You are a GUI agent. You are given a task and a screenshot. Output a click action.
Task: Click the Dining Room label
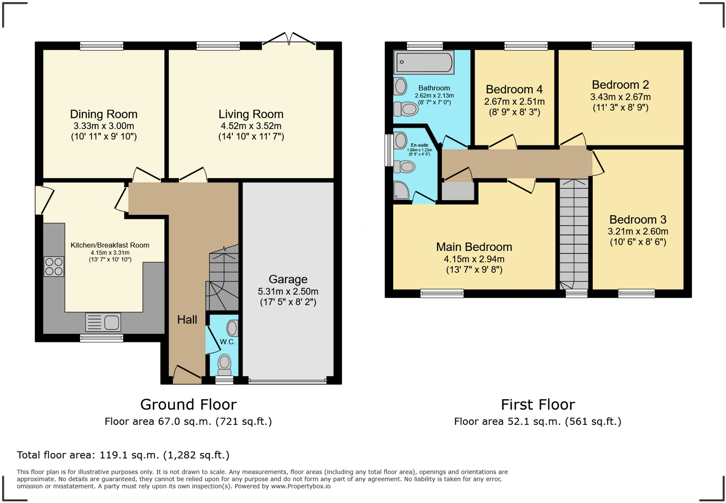tap(104, 114)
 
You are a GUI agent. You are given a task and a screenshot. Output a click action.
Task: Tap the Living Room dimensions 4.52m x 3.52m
tap(251, 126)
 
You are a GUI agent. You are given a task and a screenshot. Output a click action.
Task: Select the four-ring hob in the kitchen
tap(54, 266)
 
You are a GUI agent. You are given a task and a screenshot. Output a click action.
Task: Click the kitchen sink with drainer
tap(103, 322)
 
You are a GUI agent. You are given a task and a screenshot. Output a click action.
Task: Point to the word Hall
tap(187, 320)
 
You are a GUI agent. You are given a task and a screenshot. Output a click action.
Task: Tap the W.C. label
tap(227, 342)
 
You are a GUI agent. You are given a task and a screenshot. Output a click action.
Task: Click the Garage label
tap(288, 279)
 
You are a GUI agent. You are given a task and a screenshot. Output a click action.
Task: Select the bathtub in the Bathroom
tap(424, 62)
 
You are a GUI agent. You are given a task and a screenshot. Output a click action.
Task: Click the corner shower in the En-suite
tap(401, 190)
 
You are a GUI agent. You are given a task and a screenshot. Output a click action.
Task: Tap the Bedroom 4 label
tap(514, 89)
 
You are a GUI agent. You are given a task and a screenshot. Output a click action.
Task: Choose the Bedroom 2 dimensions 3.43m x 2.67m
tap(620, 97)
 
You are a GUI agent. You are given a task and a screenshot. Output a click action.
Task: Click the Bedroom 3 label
tap(638, 220)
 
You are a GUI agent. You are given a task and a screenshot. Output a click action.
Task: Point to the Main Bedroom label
tap(474, 247)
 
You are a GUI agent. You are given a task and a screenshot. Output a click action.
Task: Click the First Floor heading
tap(538, 404)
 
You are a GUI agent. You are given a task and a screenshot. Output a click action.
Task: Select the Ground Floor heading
tap(188, 404)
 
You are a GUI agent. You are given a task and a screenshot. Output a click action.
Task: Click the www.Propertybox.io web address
tap(301, 486)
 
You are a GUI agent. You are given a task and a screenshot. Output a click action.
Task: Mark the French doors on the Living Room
tap(289, 40)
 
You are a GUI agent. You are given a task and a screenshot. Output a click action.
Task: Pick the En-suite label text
tap(420, 145)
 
